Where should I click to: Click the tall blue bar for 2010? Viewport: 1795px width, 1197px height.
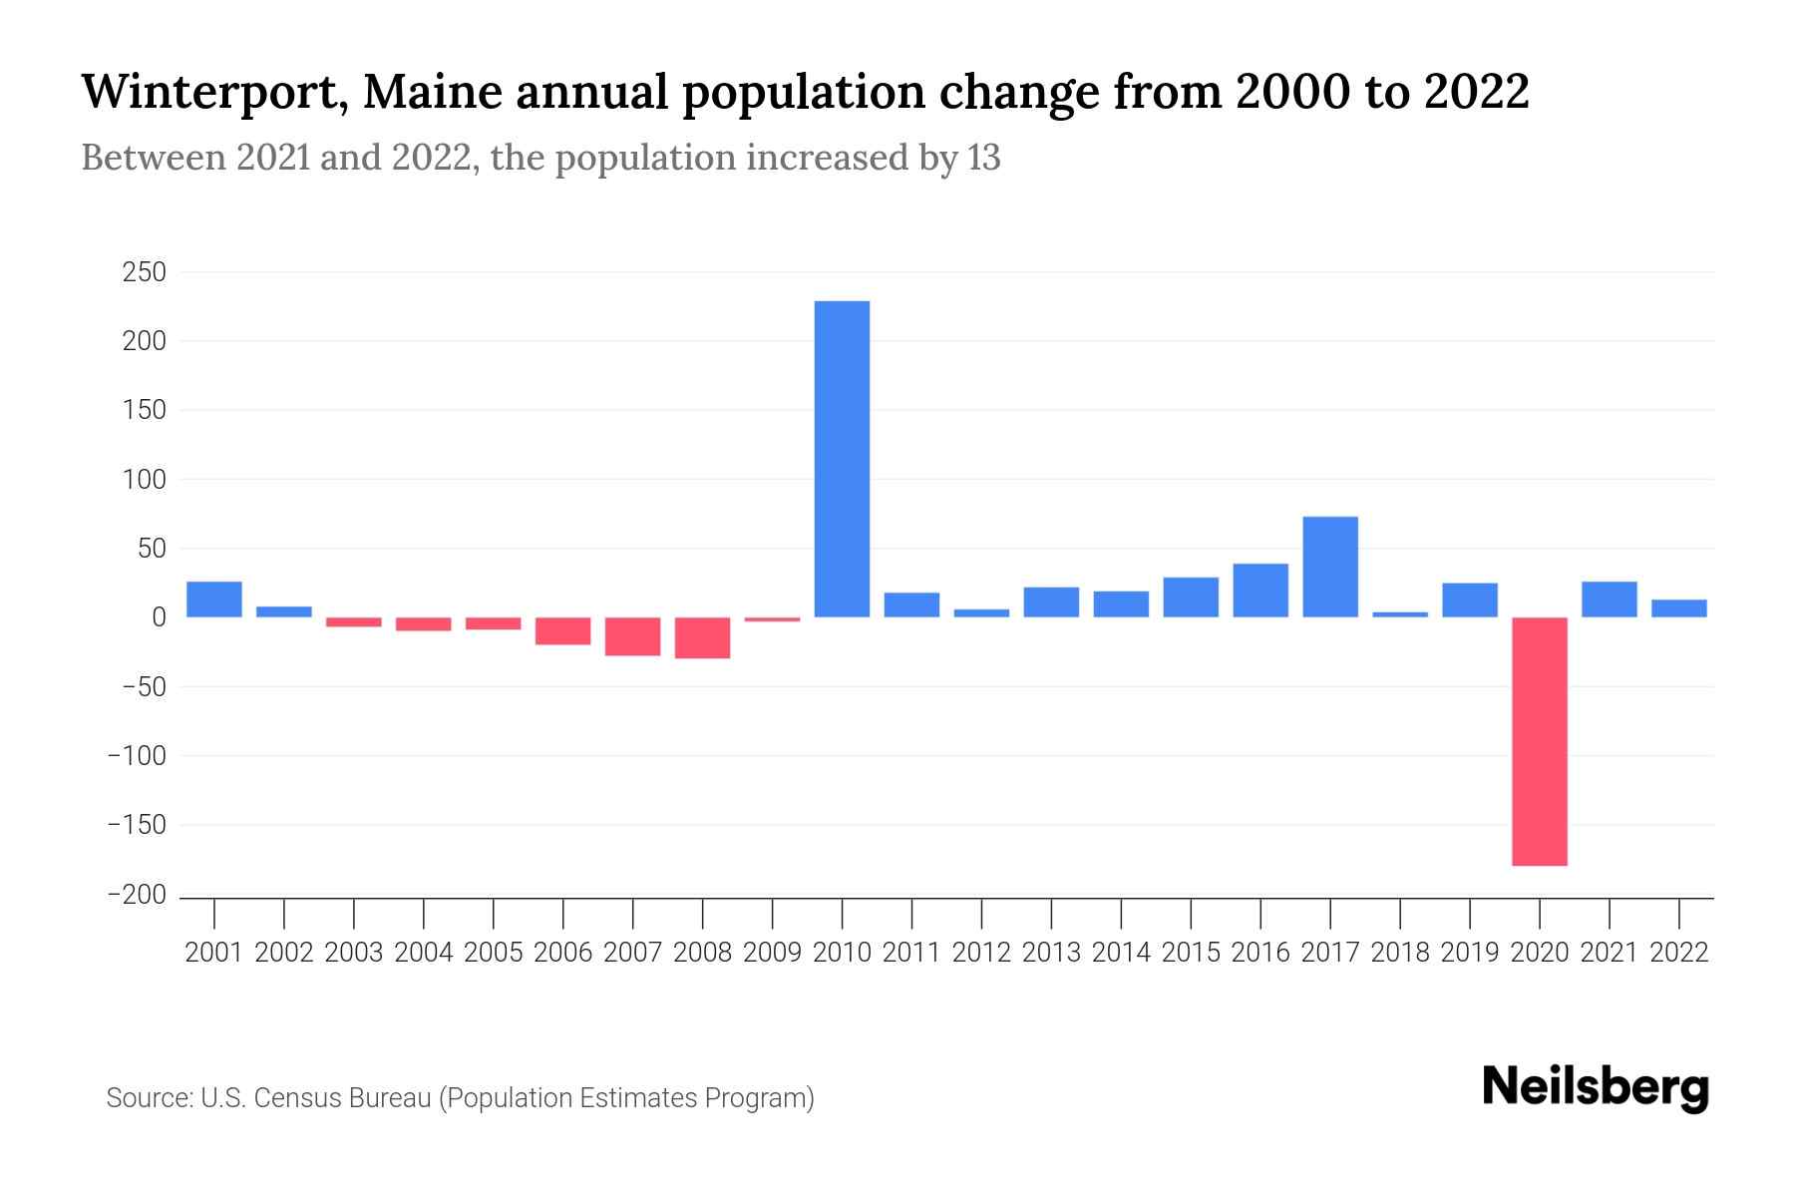pyautogui.click(x=842, y=459)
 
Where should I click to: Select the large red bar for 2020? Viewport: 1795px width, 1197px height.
pyautogui.click(x=1540, y=741)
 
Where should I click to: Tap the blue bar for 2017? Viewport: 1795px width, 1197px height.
pyautogui.click(x=1330, y=567)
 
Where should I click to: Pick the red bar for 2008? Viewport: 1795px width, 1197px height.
pyautogui.click(x=703, y=637)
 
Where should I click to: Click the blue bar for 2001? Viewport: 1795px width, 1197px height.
pyautogui.click(x=214, y=599)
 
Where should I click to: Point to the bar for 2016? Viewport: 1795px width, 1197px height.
pyautogui.click(x=1260, y=591)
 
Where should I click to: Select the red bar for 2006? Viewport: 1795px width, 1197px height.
pyautogui.click(x=563, y=630)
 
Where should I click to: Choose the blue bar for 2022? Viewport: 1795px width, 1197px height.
pyautogui.click(x=1679, y=608)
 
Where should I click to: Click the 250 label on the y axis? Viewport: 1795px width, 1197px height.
pyautogui.click(x=144, y=272)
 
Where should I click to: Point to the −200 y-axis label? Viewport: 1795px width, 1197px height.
pyautogui.click(x=138, y=895)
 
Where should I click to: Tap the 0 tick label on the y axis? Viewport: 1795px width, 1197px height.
pyautogui.click(x=159, y=617)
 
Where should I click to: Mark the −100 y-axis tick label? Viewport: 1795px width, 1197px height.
pyautogui.click(x=138, y=756)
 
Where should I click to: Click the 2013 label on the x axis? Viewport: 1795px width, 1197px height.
pyautogui.click(x=1051, y=953)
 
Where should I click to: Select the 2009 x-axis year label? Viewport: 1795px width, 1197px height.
pyautogui.click(x=772, y=953)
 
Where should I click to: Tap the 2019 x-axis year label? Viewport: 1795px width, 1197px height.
pyautogui.click(x=1470, y=953)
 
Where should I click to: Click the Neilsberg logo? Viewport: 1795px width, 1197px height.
pyautogui.click(x=1596, y=1087)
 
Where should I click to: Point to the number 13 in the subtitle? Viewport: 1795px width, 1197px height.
pyautogui.click(x=983, y=158)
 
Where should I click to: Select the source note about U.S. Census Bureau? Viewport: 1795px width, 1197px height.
pyautogui.click(x=461, y=1098)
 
